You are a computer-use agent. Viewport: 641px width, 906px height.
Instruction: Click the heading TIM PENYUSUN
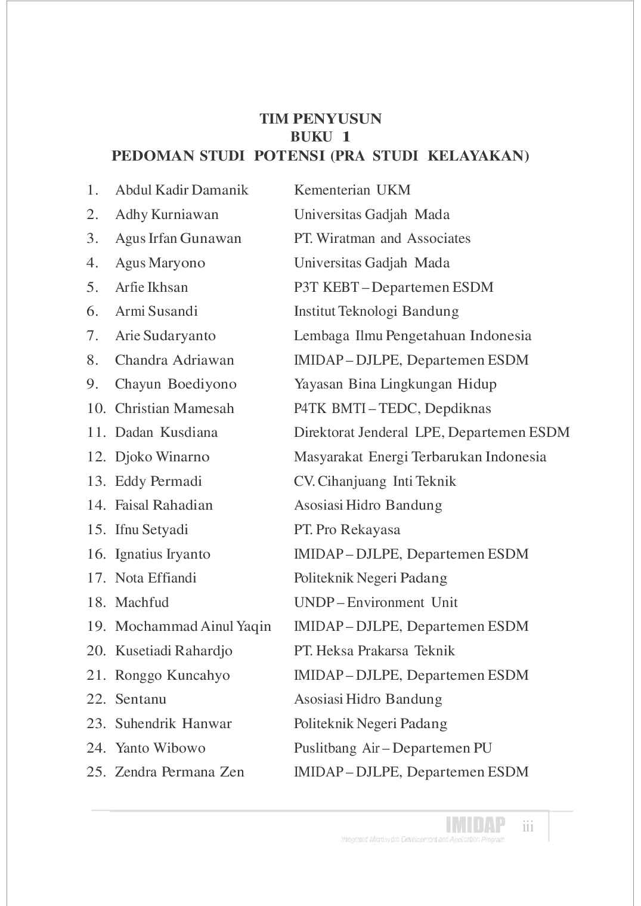pyautogui.click(x=320, y=119)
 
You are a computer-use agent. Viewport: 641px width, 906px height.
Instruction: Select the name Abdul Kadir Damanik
pyautogui.click(x=181, y=190)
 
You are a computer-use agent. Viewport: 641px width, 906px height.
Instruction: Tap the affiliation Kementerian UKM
pyautogui.click(x=352, y=190)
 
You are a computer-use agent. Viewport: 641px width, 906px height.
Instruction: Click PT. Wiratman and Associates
pyautogui.click(x=382, y=239)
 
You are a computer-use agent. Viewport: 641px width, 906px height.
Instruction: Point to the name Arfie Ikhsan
pyautogui.click(x=151, y=287)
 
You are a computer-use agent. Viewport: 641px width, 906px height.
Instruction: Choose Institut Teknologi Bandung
pyautogui.click(x=376, y=312)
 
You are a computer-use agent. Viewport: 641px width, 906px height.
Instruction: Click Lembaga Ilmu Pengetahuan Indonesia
pyautogui.click(x=412, y=335)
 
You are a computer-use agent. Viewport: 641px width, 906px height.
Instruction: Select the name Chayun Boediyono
pyautogui.click(x=175, y=384)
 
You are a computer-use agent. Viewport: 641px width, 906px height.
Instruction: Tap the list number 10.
pyautogui.click(x=95, y=409)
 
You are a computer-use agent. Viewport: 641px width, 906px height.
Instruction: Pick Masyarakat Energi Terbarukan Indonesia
pyautogui.click(x=420, y=457)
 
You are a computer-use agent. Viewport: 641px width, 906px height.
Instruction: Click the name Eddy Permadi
pyautogui.click(x=158, y=481)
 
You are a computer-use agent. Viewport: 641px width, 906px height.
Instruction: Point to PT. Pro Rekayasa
pyautogui.click(x=347, y=530)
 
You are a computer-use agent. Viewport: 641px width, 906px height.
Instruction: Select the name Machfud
pyautogui.click(x=142, y=602)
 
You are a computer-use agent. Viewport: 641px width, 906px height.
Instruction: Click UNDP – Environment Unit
pyautogui.click(x=376, y=602)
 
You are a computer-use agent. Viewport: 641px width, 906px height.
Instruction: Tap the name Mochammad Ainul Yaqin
pyautogui.click(x=193, y=627)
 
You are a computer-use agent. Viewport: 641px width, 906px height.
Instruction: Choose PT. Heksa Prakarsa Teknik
pyautogui.click(x=374, y=651)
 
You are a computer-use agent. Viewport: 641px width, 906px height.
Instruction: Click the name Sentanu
pyautogui.click(x=141, y=699)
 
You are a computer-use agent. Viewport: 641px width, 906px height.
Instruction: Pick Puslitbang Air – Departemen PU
pyautogui.click(x=392, y=748)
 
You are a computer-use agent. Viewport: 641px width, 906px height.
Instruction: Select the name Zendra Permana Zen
pyautogui.click(x=179, y=772)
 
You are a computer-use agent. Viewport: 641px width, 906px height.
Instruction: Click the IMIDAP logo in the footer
pyautogui.click(x=475, y=825)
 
